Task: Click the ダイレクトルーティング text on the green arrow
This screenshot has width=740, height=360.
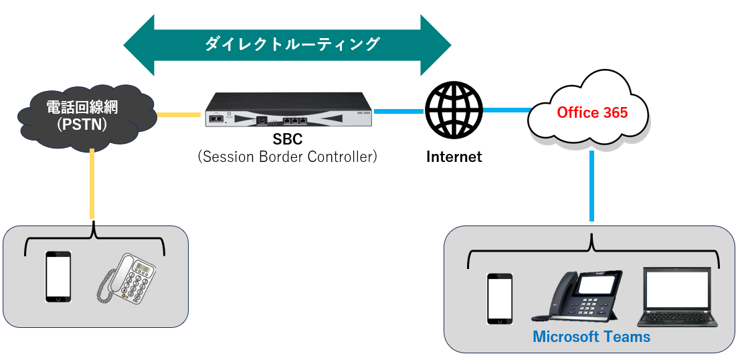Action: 292,44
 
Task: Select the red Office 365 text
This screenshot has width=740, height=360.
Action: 592,112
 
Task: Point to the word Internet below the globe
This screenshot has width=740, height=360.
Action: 454,157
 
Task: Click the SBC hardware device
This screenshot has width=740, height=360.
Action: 288,110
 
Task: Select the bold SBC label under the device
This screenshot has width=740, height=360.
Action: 288,140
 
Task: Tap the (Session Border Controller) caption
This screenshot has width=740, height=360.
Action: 288,157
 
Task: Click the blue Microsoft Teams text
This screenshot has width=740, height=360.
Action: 591,337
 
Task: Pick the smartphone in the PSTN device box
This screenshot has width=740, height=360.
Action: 58,277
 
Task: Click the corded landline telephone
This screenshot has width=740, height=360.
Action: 126,278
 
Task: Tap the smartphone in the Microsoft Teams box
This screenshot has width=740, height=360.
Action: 500,298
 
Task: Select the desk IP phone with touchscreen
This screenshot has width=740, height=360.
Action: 577,296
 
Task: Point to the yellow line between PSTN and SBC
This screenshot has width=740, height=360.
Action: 179,114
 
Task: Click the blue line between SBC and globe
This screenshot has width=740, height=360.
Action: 399,111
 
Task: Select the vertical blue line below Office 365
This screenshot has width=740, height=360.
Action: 591,186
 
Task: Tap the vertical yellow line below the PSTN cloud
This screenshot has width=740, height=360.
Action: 92,184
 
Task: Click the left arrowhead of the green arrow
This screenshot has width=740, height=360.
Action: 138,46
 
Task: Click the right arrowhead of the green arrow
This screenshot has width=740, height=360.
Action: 436,46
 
